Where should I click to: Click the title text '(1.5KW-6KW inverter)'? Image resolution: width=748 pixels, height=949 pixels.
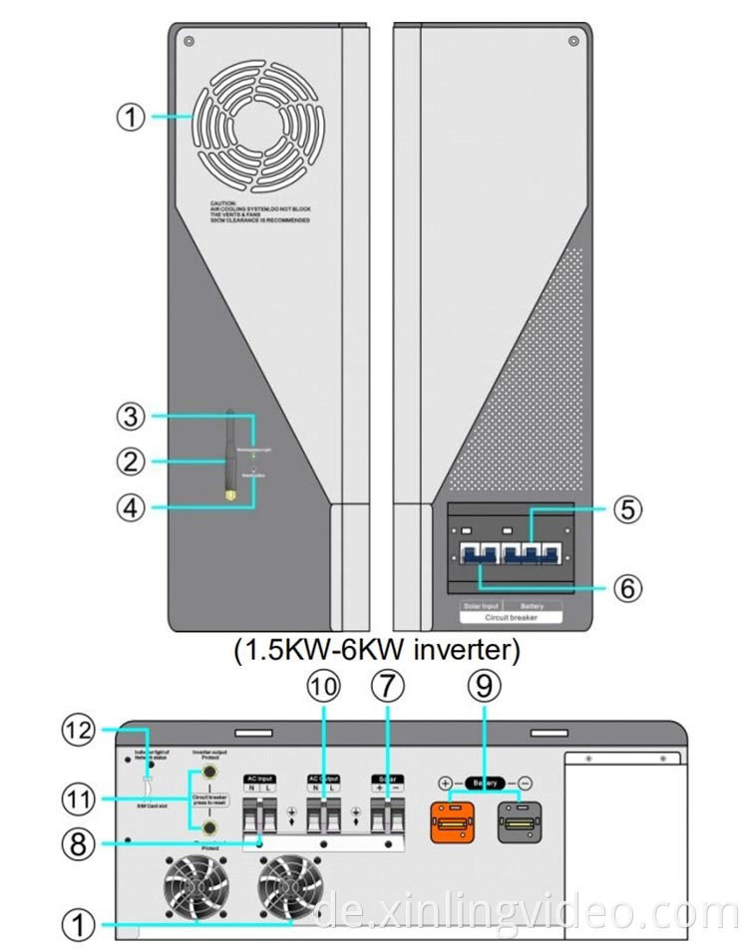coord(376,652)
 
